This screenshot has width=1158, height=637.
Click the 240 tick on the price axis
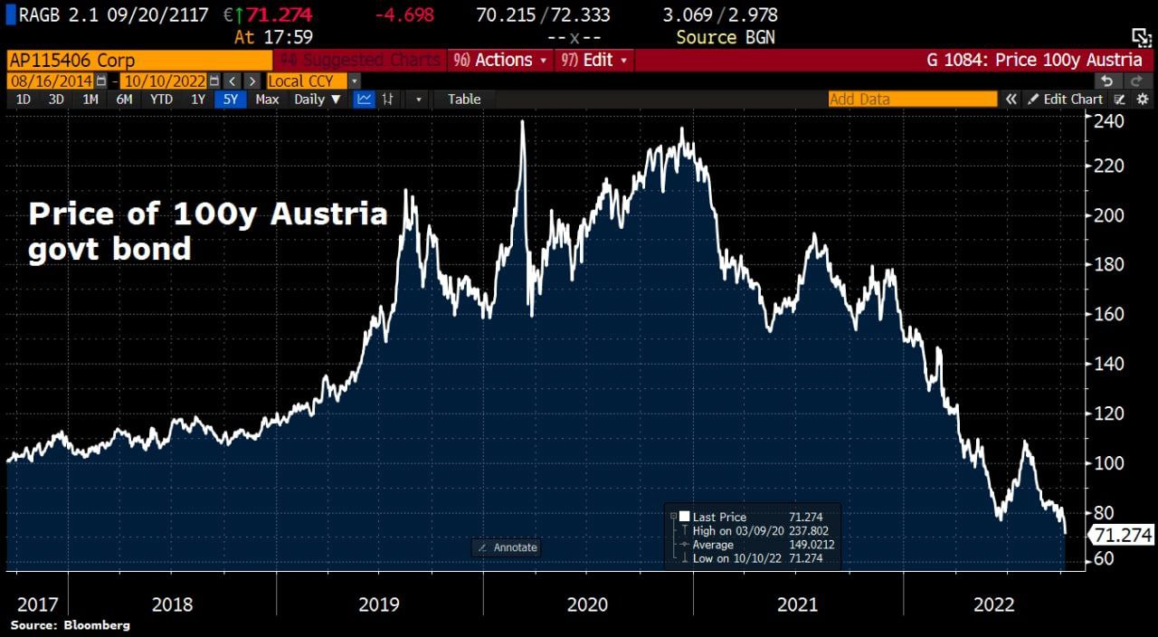[x=1110, y=120]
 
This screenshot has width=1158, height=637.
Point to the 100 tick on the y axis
[x=1110, y=463]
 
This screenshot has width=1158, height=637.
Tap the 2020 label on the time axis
[x=588, y=604]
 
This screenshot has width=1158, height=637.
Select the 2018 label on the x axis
[x=172, y=604]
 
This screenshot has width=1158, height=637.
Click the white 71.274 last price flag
[x=1123, y=536]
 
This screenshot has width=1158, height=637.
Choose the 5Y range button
[x=231, y=100]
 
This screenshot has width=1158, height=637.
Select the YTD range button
[x=161, y=100]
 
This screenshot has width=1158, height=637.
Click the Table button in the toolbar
[x=464, y=100]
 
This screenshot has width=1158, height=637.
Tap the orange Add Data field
[x=912, y=100]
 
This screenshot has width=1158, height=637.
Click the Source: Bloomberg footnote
[x=71, y=625]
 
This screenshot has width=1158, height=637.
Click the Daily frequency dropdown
[x=318, y=100]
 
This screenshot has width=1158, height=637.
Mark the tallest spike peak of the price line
[x=523, y=121]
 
